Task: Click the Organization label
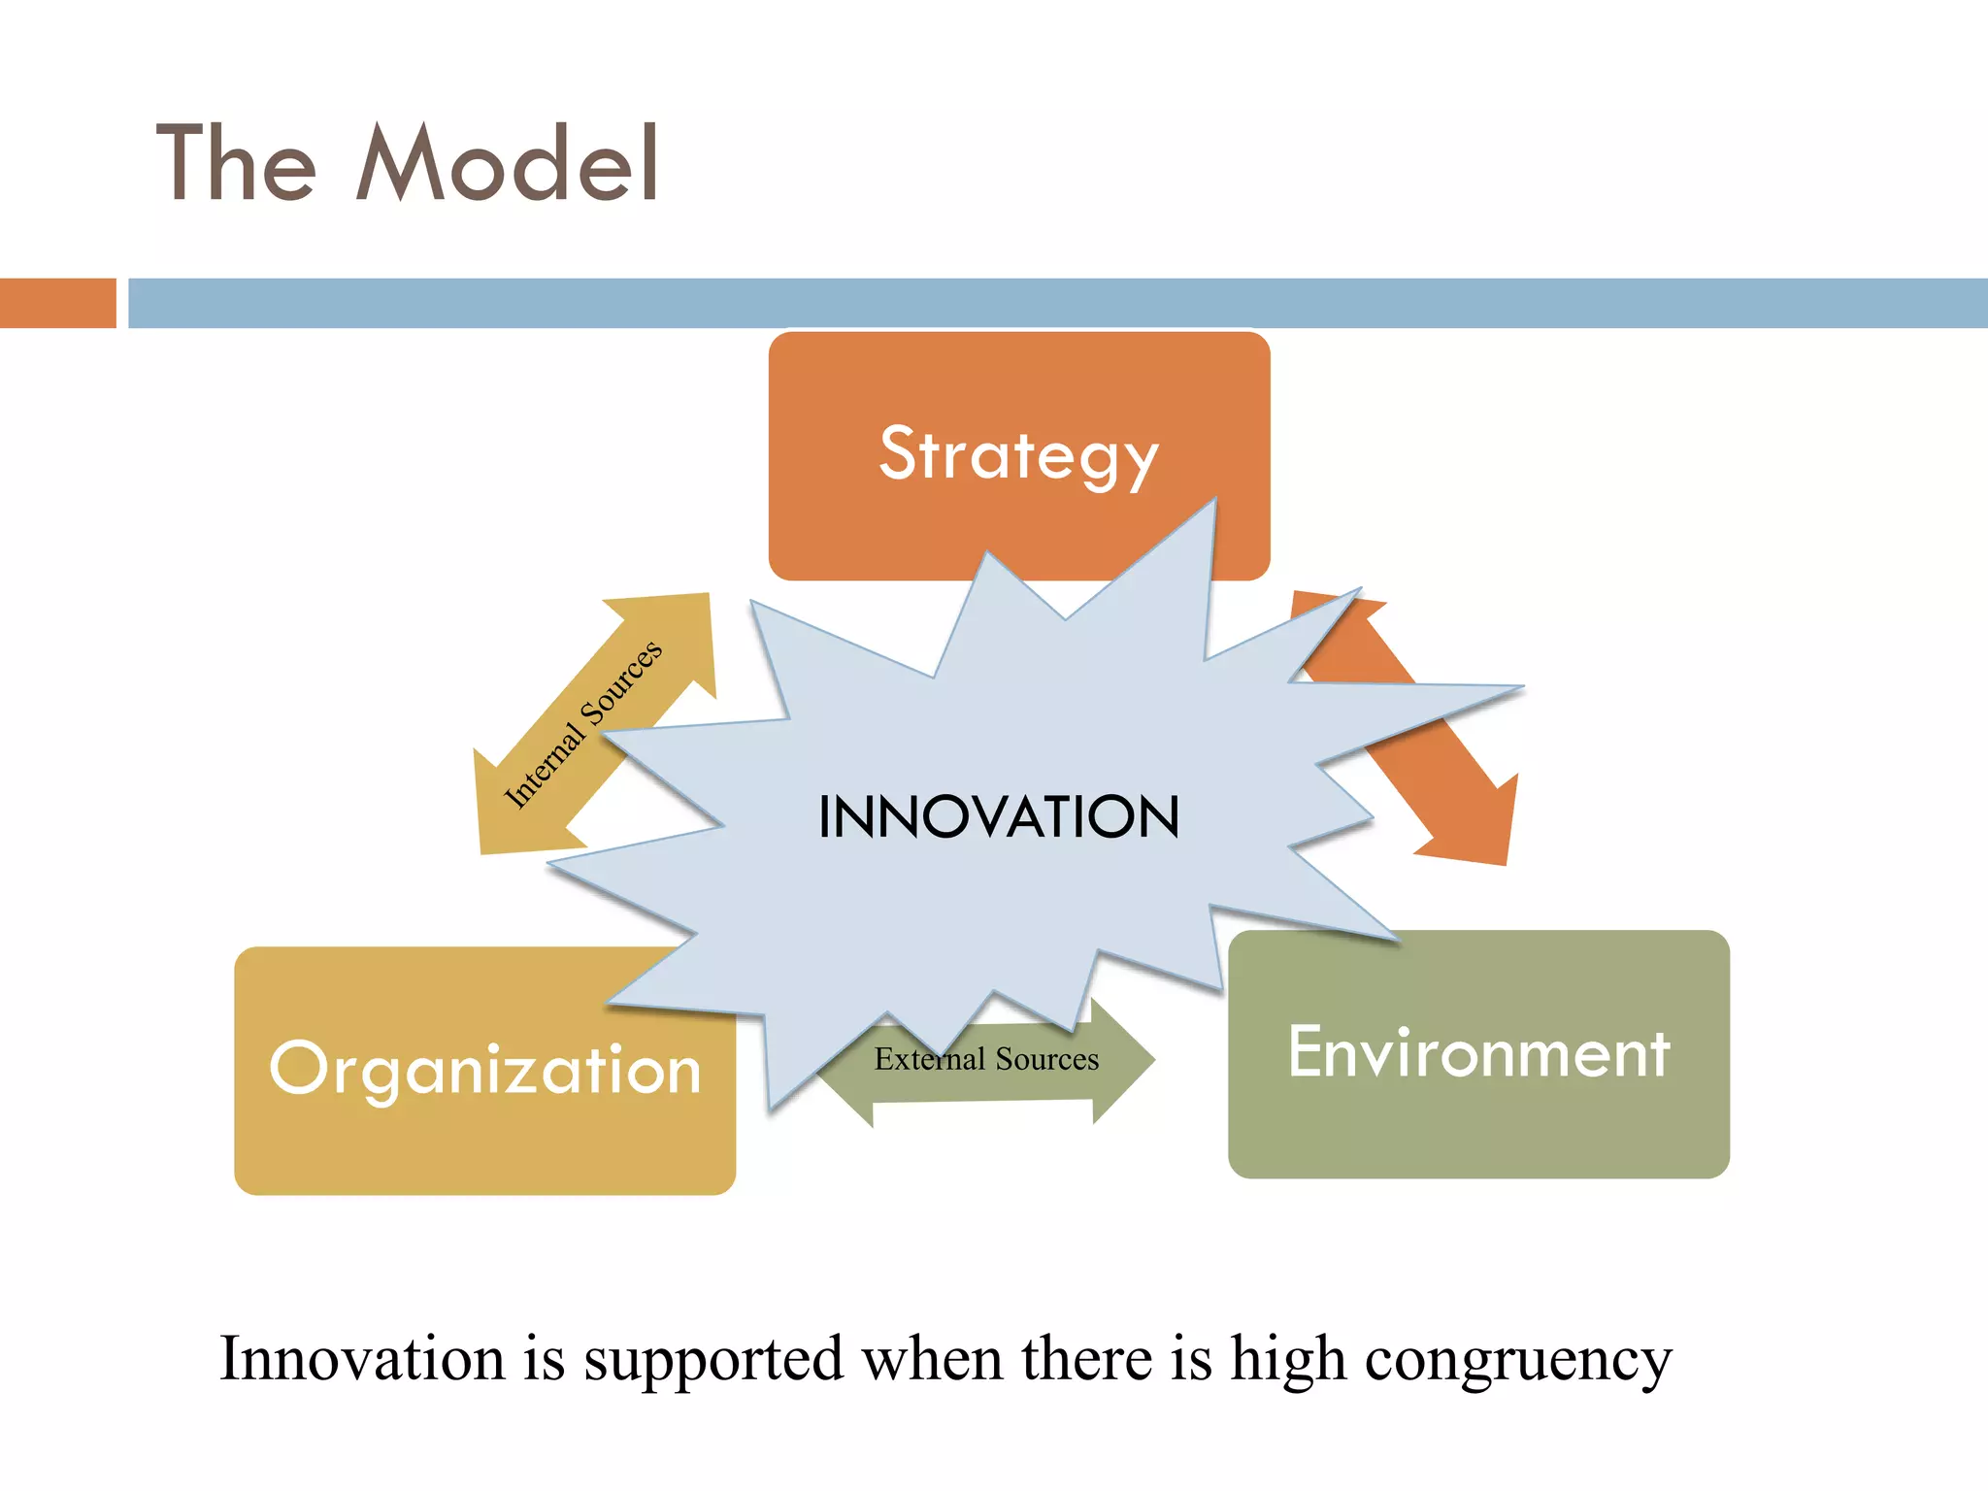484,1070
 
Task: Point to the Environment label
1478,1053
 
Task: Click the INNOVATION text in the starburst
999,816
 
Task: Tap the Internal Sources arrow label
582,723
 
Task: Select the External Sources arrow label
986,1059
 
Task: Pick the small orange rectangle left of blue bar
57,303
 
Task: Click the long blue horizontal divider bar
1057,303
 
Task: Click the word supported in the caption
713,1359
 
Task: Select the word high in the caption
1288,1359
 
